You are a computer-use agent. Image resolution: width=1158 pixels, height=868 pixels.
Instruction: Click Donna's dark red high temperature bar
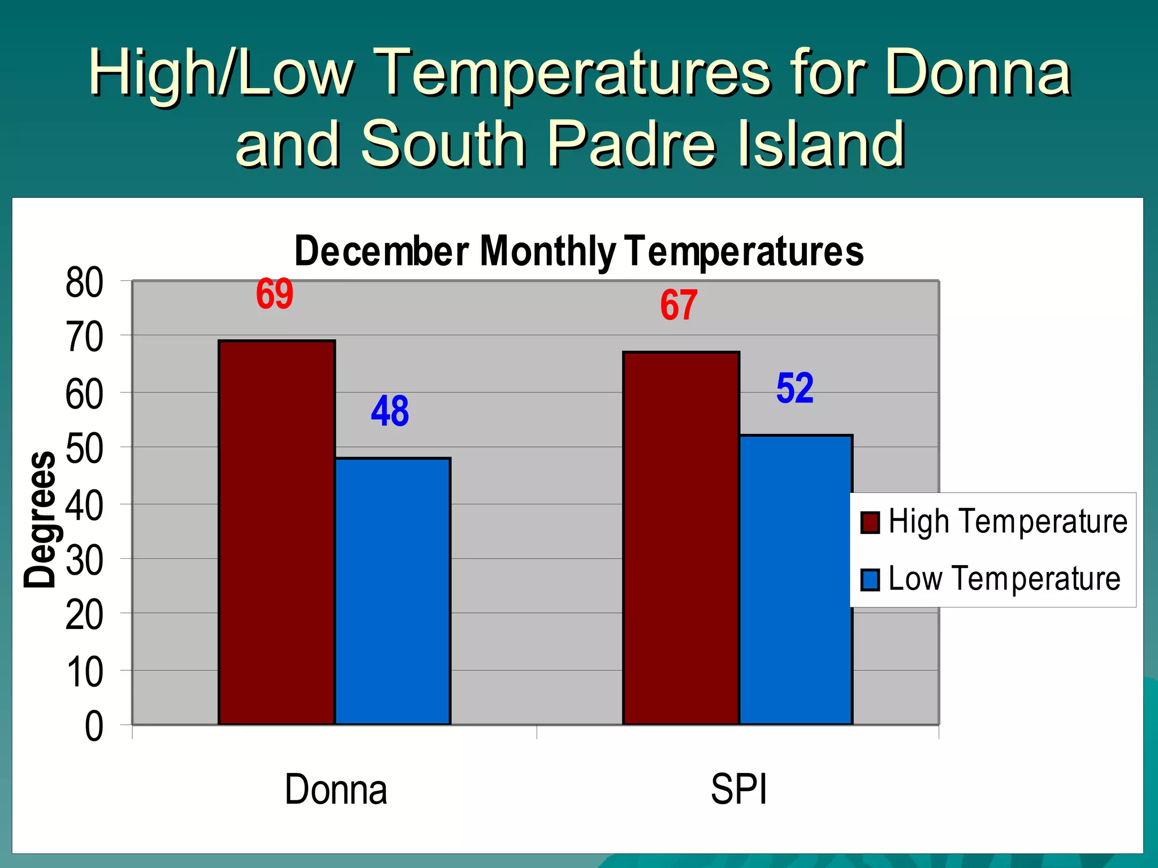tap(276, 531)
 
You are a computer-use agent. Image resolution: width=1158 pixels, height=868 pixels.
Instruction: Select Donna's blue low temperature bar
tap(392, 591)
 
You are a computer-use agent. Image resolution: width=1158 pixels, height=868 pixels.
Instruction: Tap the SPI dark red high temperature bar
tap(681, 537)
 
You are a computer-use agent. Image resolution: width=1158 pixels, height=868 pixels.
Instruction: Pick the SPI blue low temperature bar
tap(796, 579)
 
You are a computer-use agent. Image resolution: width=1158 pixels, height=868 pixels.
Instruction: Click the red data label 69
tap(275, 294)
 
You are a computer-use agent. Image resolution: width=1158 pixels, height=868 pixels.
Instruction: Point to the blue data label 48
tap(390, 411)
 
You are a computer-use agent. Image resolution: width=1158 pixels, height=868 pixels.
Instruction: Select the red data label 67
tap(679, 305)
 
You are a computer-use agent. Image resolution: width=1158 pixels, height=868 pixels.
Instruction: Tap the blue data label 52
tap(794, 388)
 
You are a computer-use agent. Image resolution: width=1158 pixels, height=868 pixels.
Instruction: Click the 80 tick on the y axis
tap(84, 283)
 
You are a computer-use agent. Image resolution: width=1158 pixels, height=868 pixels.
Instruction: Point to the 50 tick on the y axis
tap(84, 449)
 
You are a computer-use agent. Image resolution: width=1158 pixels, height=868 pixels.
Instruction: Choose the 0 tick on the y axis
tap(94, 727)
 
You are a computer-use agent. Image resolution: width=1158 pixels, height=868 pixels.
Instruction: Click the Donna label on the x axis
tap(335, 789)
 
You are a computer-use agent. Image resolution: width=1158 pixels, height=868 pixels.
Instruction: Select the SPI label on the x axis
tap(738, 789)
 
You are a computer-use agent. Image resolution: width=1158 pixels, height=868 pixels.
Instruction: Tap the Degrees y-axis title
tap(40, 520)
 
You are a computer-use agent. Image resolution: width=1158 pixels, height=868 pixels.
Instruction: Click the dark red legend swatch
tap(870, 522)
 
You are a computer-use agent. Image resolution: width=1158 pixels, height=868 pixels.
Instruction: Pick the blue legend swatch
tap(870, 580)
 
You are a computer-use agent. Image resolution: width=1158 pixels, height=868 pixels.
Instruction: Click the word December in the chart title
tap(381, 251)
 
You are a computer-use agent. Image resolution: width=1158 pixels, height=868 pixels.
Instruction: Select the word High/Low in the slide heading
tap(221, 73)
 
